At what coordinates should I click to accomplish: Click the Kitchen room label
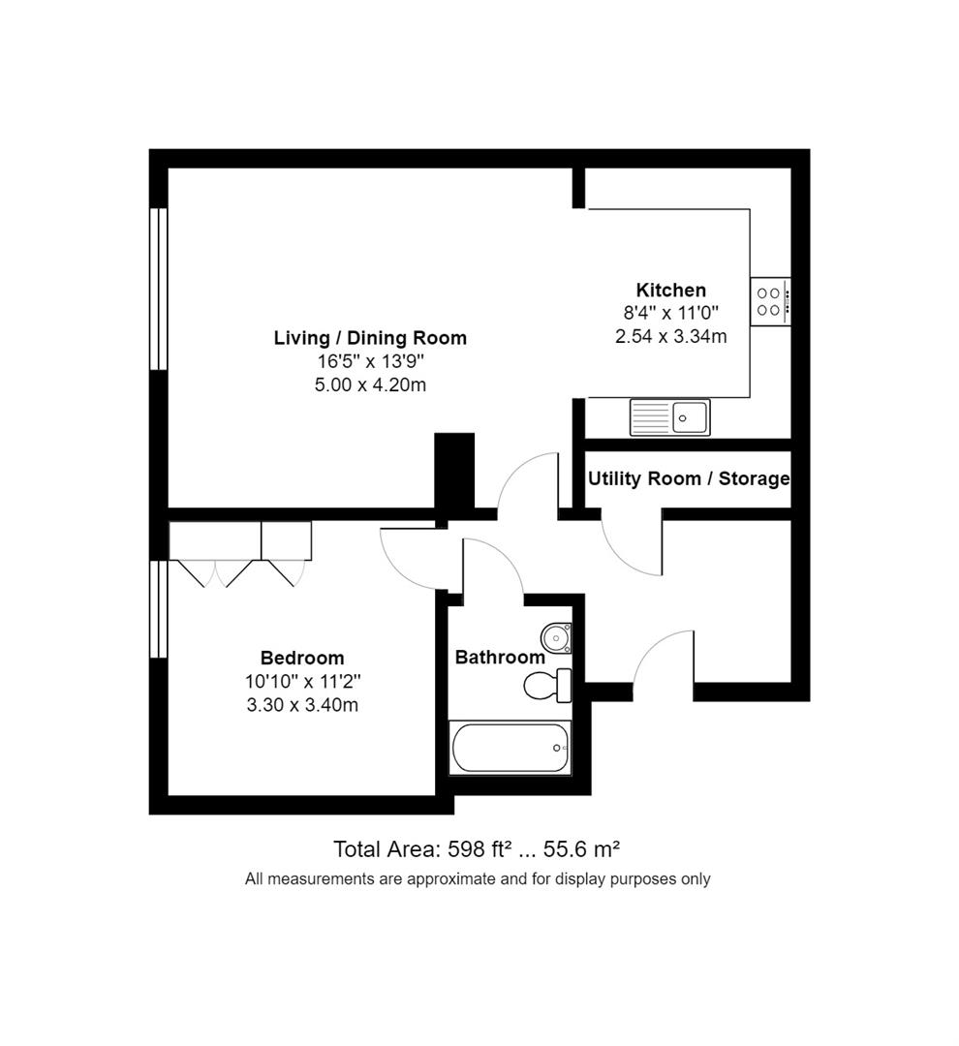pos(670,290)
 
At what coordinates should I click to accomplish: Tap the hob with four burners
pos(770,301)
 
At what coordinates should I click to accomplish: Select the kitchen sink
pos(669,417)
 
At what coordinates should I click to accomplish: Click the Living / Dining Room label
pos(370,338)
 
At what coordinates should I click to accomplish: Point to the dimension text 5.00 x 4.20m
pos(370,385)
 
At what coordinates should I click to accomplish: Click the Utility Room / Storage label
pos(688,478)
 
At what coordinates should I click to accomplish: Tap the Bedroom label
pos(302,659)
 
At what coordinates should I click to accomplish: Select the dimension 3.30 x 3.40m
pos(302,705)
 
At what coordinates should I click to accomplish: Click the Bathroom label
pos(500,657)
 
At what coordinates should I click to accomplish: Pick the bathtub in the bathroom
pos(510,748)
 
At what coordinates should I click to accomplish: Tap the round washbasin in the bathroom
pos(556,637)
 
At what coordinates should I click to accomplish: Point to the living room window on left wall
pos(158,289)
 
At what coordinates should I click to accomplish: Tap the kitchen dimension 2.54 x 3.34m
pos(670,336)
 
